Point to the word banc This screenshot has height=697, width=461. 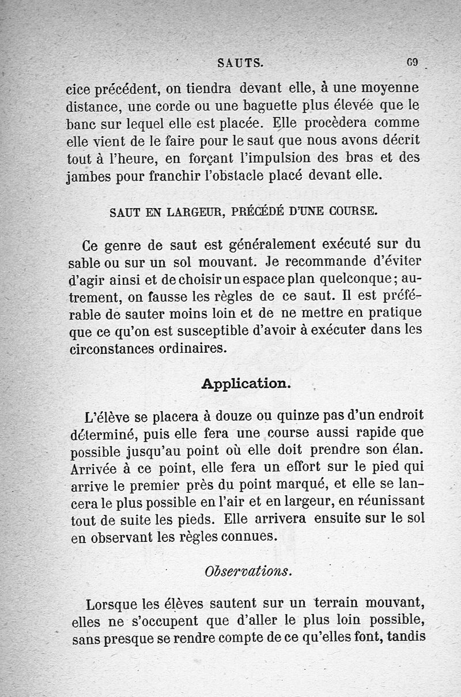click(80, 124)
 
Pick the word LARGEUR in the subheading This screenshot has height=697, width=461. click(194, 211)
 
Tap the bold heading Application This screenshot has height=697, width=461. click(246, 384)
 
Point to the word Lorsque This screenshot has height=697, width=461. click(111, 605)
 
